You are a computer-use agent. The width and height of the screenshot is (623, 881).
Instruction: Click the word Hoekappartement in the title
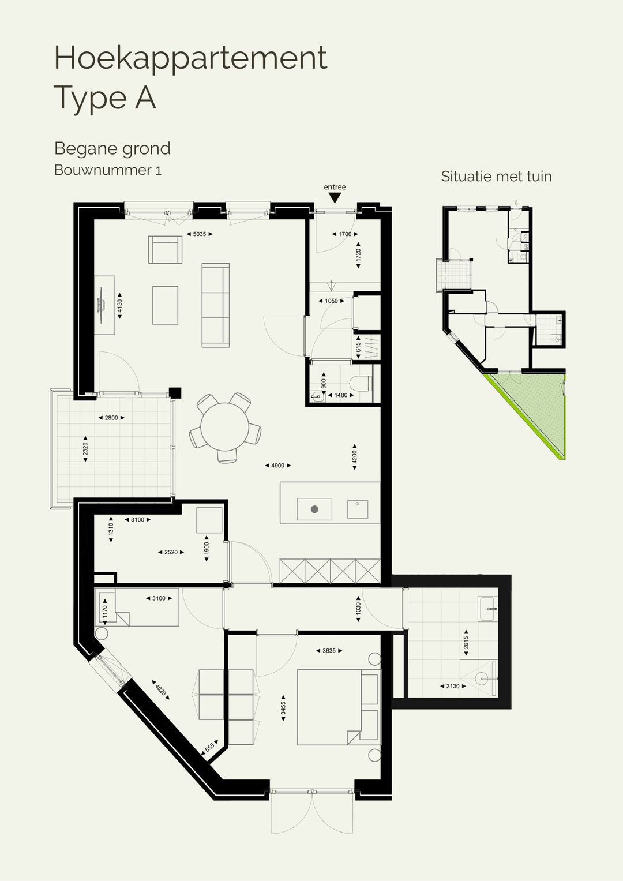(x=190, y=58)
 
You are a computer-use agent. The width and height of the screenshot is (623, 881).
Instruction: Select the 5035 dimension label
(x=200, y=234)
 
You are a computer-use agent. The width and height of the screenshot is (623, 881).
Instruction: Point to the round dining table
(x=226, y=427)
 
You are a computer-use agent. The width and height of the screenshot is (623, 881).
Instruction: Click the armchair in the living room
(x=165, y=250)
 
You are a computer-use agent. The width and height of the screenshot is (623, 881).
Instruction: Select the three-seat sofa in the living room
(x=215, y=305)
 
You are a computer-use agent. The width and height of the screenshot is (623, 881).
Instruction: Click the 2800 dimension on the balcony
(x=111, y=418)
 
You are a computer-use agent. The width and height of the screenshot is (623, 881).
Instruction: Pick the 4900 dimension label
(x=277, y=466)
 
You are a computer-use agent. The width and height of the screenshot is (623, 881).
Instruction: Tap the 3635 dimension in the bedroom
(x=329, y=651)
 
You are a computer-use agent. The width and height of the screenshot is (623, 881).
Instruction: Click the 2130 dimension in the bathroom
(x=453, y=686)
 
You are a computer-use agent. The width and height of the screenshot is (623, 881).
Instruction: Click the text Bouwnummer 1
(x=107, y=170)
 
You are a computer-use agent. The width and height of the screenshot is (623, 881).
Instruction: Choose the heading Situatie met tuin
(x=496, y=177)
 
